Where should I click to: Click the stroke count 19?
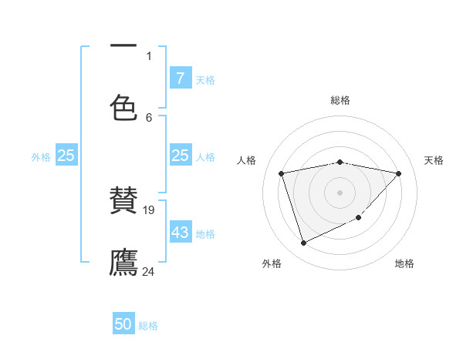[x=150, y=209]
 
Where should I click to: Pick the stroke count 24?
[x=149, y=271]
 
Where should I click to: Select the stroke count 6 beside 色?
[x=149, y=117]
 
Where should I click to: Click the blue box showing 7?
[x=180, y=79]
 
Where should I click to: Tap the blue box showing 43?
[x=180, y=233]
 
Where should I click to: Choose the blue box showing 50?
[x=123, y=325]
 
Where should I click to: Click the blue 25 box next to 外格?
[x=66, y=156]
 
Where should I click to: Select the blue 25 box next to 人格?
[x=180, y=156]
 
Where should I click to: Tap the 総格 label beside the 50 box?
[x=148, y=326]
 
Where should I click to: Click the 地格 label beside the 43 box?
[x=205, y=233]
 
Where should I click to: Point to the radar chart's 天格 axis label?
[x=434, y=160]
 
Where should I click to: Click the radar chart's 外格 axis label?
[x=272, y=263]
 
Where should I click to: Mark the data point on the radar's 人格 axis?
[x=282, y=173]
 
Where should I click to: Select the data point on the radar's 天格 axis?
[x=398, y=173]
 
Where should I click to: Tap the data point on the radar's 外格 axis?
[x=303, y=243]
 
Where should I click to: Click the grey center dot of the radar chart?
[x=340, y=192]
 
